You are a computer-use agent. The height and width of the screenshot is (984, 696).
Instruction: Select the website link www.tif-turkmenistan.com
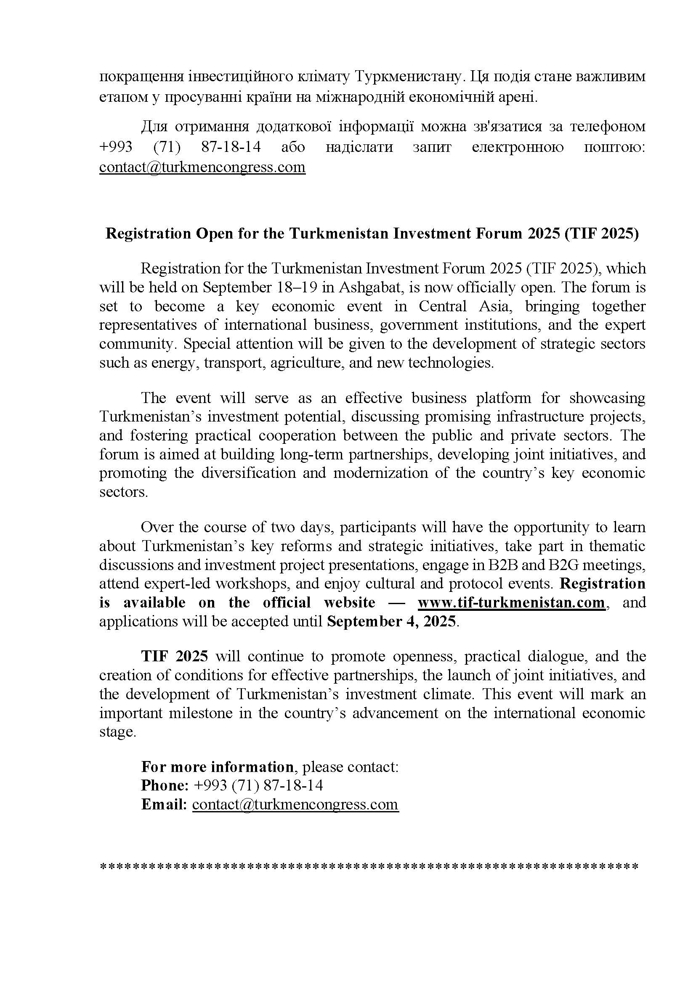coord(511,602)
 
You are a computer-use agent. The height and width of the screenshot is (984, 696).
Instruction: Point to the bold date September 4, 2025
coord(392,621)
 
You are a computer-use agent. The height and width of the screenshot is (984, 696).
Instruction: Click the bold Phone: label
coord(165,785)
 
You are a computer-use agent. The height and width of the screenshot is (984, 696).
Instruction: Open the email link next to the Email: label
coord(295,804)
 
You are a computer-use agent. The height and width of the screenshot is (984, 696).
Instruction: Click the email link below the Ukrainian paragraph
coord(202,167)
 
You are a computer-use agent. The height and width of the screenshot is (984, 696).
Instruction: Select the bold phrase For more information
coord(217,766)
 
